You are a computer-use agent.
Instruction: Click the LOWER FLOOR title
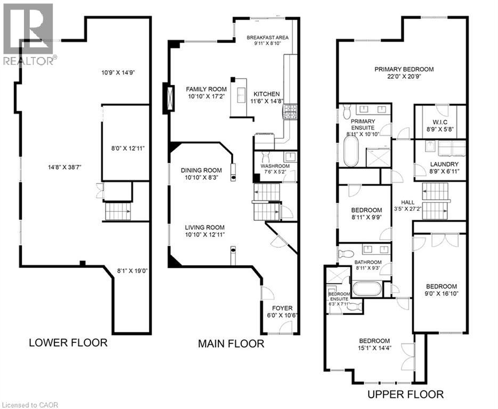(68, 342)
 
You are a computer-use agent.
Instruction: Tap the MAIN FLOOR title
(231, 343)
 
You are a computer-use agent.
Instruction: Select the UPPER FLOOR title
(405, 395)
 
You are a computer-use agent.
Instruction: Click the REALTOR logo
(29, 34)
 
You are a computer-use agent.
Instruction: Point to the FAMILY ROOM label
(207, 89)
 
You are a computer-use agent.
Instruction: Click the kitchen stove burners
(290, 112)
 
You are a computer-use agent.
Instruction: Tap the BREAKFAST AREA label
(268, 37)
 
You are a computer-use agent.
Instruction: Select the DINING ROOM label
(201, 170)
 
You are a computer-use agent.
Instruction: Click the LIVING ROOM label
(205, 227)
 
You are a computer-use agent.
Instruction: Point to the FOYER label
(282, 308)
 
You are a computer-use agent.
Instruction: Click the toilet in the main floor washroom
(265, 156)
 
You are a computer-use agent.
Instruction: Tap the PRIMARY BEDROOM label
(404, 69)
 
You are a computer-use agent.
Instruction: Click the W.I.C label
(440, 122)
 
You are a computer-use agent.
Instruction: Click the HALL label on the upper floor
(407, 202)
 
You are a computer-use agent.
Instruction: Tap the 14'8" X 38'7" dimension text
(65, 167)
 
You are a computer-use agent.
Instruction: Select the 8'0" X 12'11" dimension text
(128, 148)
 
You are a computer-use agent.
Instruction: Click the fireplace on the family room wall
(169, 98)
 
